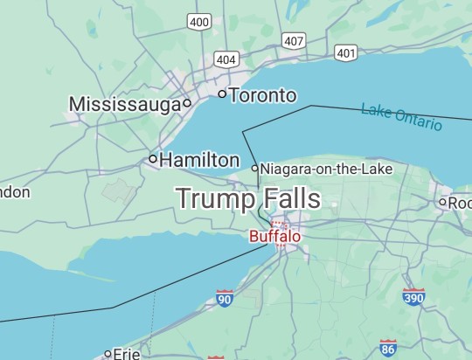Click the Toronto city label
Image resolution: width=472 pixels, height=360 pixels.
(x=262, y=95)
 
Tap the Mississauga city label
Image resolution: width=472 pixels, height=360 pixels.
(x=124, y=105)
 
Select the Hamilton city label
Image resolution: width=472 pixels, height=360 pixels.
(x=199, y=160)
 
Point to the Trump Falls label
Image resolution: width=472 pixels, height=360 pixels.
(x=247, y=198)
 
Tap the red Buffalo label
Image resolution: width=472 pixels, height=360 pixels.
(x=274, y=236)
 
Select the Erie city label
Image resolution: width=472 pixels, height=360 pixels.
(x=127, y=354)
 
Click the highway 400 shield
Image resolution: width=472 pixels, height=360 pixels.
(x=199, y=21)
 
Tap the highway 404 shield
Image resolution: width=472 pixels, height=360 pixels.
(x=226, y=59)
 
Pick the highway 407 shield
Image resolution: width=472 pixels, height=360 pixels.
(x=294, y=40)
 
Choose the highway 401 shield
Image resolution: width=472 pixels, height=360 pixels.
(x=345, y=53)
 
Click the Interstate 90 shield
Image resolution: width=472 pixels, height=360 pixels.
(x=225, y=299)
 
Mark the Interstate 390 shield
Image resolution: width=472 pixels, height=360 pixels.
(x=413, y=296)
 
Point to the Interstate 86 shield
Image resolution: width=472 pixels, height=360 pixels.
(x=388, y=347)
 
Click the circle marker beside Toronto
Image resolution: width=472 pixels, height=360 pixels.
(x=222, y=93)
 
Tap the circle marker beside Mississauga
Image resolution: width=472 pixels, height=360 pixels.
(x=187, y=103)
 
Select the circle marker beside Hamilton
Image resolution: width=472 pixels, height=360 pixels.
(x=153, y=159)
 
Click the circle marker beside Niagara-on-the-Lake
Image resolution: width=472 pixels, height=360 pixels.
(x=255, y=168)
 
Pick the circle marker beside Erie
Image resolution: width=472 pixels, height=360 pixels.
(x=108, y=354)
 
